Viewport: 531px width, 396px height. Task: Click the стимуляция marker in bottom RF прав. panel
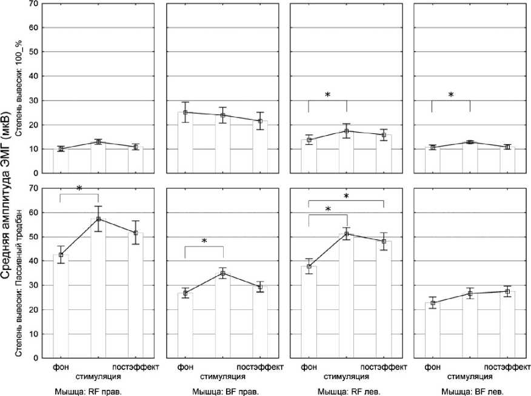(x=98, y=219)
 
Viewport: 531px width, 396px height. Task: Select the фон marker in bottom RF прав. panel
(x=60, y=254)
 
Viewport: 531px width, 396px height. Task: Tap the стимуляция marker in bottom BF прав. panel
(x=223, y=273)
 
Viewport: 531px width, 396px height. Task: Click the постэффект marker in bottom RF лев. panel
(x=384, y=241)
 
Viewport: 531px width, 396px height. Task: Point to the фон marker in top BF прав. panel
(x=185, y=112)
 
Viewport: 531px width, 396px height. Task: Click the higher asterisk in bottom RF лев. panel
(x=347, y=197)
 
